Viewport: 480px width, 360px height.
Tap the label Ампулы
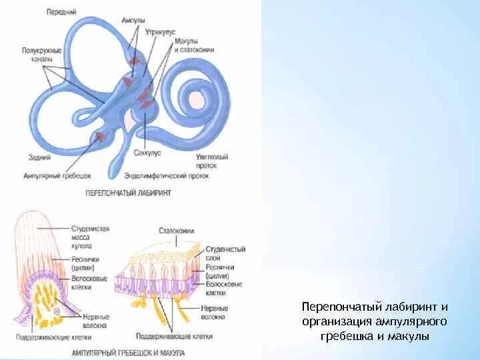click(133, 21)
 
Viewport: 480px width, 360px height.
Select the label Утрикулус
click(161, 31)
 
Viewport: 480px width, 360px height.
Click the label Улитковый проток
click(213, 161)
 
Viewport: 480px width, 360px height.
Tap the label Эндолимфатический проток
click(166, 177)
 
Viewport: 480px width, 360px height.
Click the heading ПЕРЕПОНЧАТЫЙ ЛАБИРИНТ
click(129, 193)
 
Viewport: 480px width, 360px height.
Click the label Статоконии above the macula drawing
click(175, 231)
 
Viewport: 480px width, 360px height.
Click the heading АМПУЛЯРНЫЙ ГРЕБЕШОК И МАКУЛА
click(127, 352)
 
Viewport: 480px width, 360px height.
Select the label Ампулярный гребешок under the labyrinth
click(57, 176)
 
